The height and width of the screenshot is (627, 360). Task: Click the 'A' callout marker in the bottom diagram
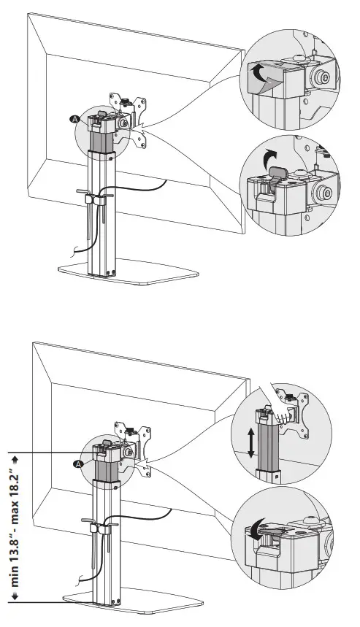coord(78,463)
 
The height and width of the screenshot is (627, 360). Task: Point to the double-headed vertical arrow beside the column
coord(251,443)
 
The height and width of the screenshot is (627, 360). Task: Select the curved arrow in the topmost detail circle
coord(260,74)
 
